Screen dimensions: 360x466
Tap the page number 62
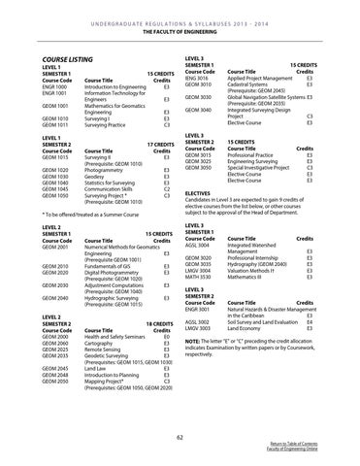(180, 438)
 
